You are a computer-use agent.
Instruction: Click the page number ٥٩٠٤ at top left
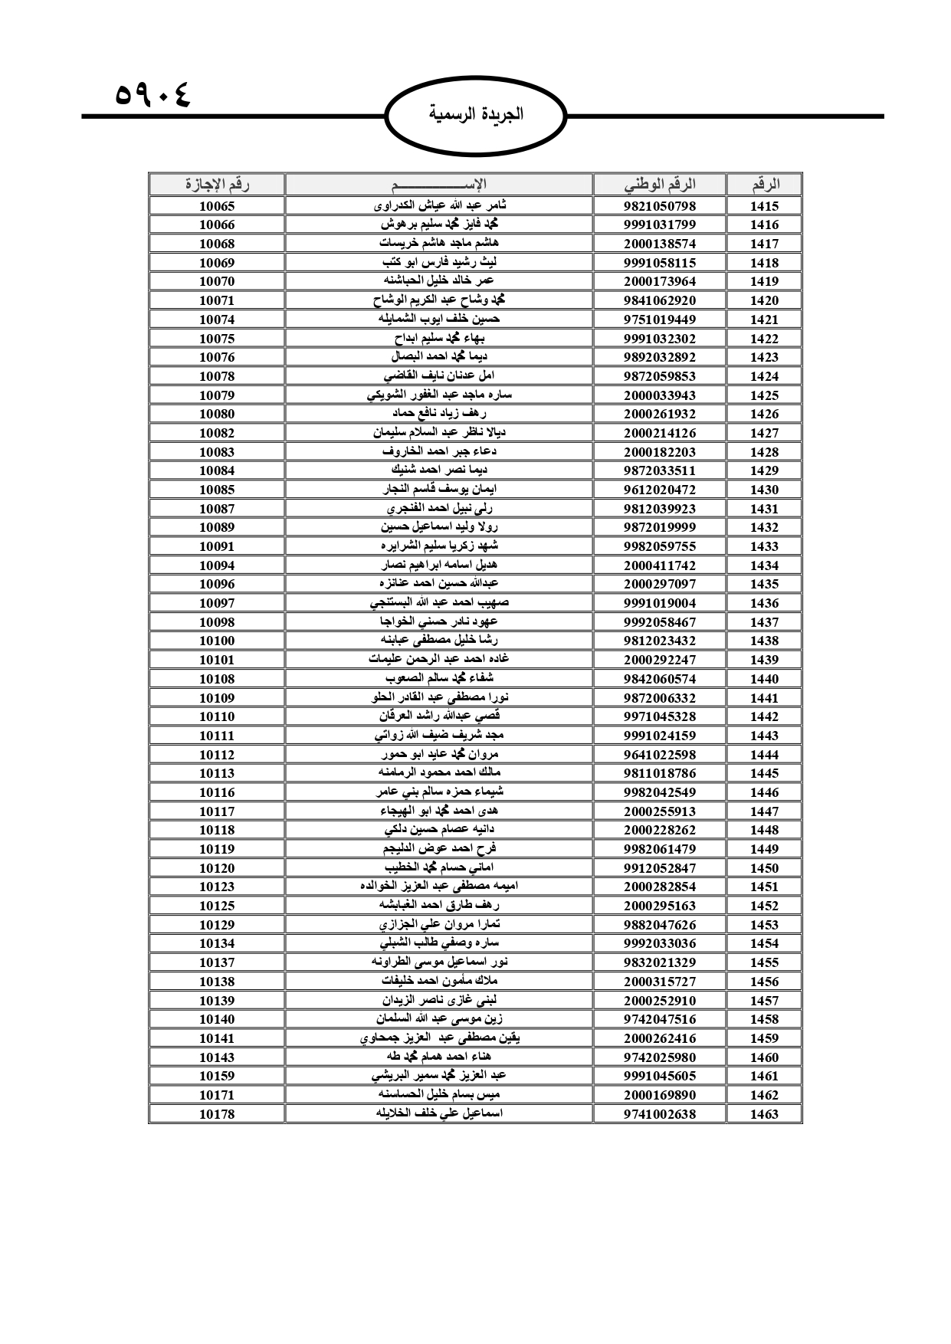tap(152, 96)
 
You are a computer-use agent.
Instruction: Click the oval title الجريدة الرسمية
tap(476, 115)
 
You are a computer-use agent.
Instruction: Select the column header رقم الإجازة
tap(217, 185)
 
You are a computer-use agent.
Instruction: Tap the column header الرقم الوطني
tap(660, 185)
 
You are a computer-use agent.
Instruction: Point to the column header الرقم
tap(764, 185)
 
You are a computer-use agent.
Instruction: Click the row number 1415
tap(764, 206)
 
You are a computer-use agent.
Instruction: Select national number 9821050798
tap(660, 206)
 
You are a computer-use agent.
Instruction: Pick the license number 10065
tap(217, 206)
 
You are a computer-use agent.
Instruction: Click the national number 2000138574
tap(660, 244)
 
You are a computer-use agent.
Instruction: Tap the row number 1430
tap(764, 490)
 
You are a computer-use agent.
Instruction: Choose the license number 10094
tap(217, 565)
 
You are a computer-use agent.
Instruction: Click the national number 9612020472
tap(660, 490)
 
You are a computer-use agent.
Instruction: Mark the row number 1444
tap(764, 755)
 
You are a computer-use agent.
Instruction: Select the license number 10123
tap(217, 887)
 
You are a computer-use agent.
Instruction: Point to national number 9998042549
tap(660, 792)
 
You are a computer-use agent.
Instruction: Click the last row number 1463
tap(764, 1114)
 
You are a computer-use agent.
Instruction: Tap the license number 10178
tap(217, 1114)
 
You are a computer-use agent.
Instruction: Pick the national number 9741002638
tap(660, 1114)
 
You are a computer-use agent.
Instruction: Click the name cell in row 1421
tap(439, 320)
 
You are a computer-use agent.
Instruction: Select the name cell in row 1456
tap(439, 982)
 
